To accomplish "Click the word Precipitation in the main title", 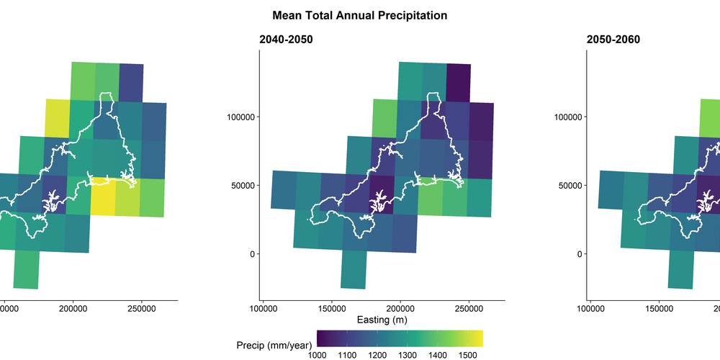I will tap(405, 15).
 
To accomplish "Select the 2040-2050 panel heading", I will tap(286, 40).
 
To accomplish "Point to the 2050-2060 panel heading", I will tap(612, 40).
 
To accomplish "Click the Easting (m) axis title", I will tap(382, 320).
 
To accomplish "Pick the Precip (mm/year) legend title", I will tap(273, 345).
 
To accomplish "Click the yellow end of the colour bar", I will tap(477, 338).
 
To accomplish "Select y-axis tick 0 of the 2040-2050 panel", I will tap(252, 253).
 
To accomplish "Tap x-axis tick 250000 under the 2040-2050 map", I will tap(469, 308).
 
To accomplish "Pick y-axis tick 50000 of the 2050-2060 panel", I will tap(568, 185).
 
